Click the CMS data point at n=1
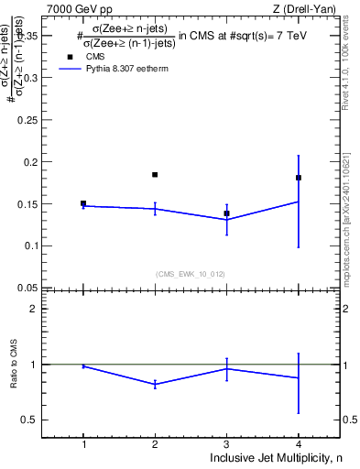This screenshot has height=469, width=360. coord(83,203)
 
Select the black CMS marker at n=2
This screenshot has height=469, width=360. coord(155,175)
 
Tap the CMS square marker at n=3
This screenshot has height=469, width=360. coord(226,213)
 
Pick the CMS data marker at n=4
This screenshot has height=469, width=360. coord(299,178)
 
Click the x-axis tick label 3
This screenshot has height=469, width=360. coord(226,444)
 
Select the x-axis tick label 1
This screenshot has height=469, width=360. coord(83,444)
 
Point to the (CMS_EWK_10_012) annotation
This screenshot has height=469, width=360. coord(191,273)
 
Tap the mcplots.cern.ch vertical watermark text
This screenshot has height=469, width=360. coord(352,220)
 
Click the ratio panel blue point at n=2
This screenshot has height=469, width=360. coord(155,384)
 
